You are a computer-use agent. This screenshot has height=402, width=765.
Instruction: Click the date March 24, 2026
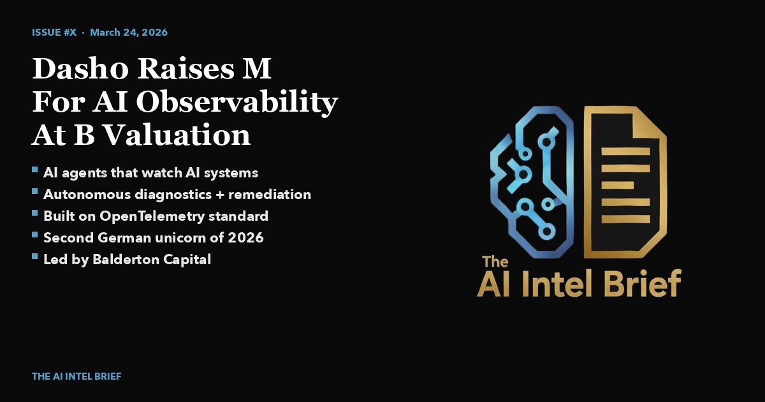point(129,32)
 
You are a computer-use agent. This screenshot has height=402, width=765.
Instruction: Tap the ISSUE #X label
point(54,32)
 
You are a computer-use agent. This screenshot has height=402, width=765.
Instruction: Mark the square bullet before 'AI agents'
point(34,172)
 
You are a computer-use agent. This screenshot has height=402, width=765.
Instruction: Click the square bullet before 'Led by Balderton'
point(34,258)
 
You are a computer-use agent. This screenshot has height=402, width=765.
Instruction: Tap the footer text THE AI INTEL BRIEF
point(76,376)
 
